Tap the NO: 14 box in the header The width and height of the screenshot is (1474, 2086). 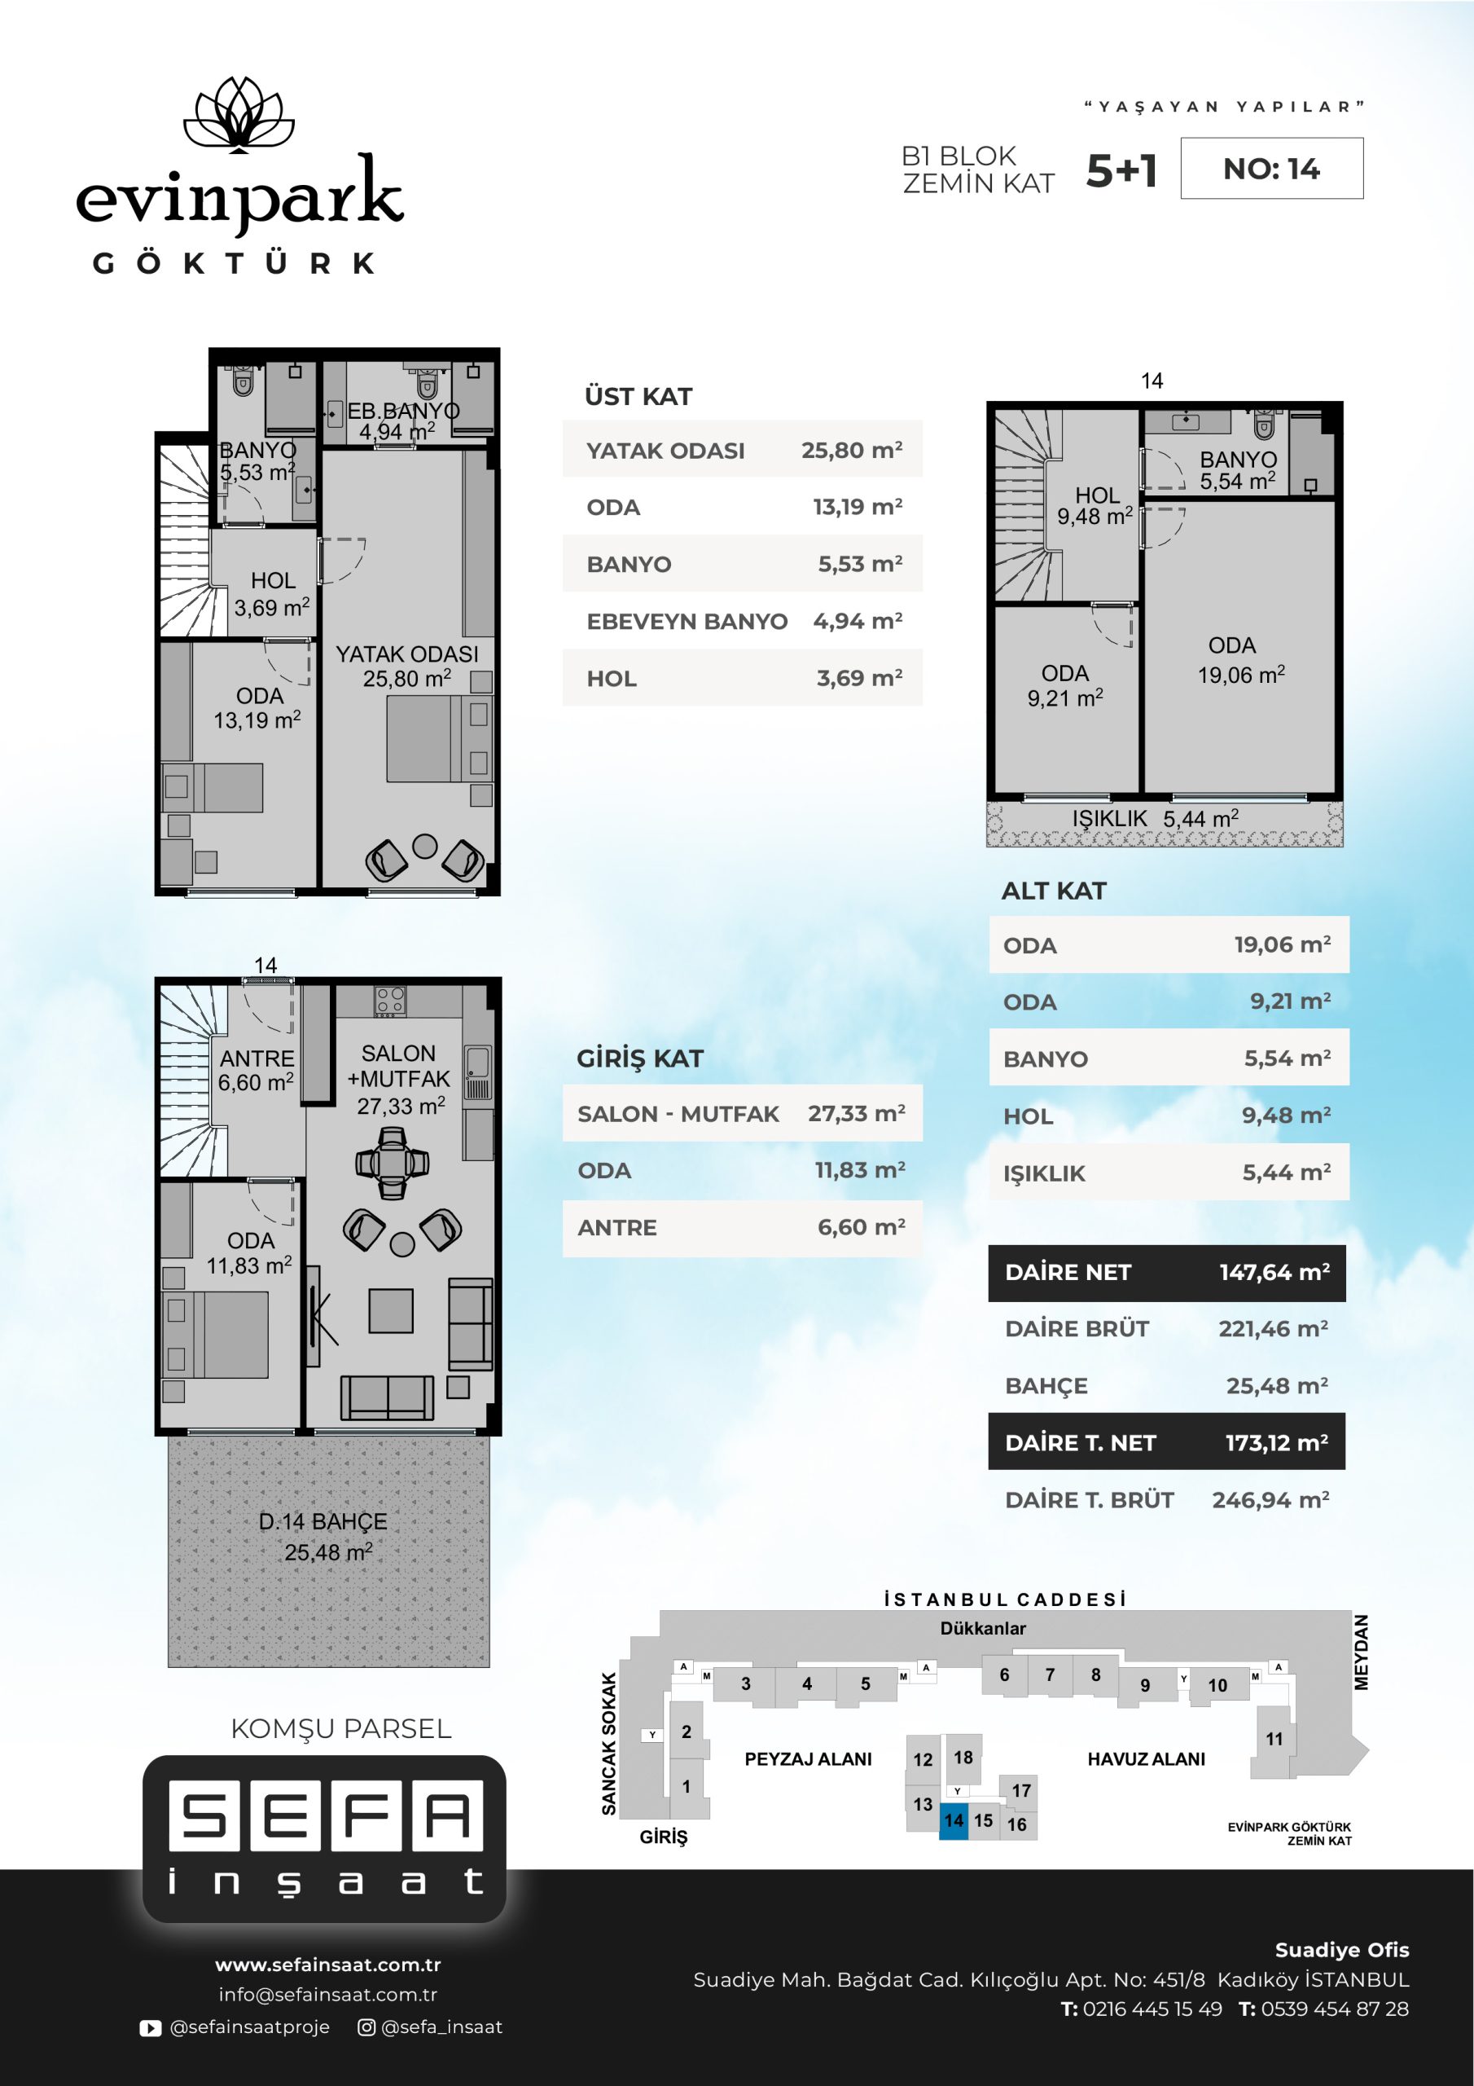tap(1271, 168)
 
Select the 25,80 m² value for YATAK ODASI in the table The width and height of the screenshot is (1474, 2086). tap(851, 450)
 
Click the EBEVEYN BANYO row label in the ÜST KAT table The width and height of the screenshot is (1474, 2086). tap(687, 622)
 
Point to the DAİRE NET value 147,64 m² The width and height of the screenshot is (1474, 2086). tap(1274, 1272)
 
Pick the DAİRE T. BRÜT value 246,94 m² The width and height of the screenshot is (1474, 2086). tap(1270, 1500)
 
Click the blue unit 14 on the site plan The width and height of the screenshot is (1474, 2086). tap(954, 1820)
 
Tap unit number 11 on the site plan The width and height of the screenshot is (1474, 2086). tap(1274, 1739)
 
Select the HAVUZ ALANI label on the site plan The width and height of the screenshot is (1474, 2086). tap(1146, 1759)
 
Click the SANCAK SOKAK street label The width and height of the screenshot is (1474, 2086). tap(608, 1744)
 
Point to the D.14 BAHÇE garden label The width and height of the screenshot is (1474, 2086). tap(323, 1522)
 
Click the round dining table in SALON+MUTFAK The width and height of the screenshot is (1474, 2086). tap(392, 1162)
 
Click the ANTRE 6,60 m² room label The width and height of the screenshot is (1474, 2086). tap(256, 1070)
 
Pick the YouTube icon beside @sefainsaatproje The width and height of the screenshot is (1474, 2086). tap(150, 2028)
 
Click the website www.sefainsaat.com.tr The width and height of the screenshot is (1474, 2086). tap(328, 1965)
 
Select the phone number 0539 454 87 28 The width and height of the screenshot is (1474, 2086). tap(1334, 2009)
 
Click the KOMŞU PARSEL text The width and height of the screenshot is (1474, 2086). tap(341, 1728)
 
